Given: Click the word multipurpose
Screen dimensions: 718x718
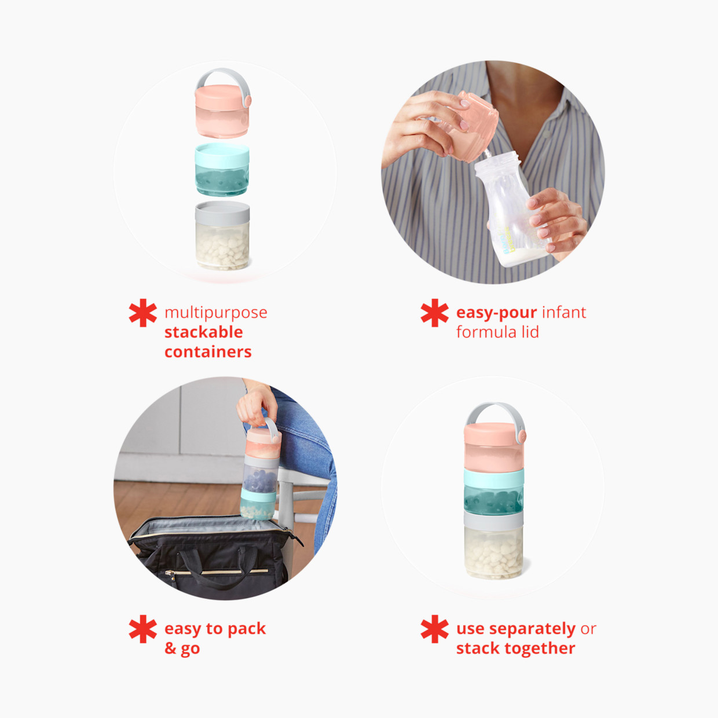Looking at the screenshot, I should pos(215,313).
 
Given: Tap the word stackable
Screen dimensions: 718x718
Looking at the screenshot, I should pos(203,332).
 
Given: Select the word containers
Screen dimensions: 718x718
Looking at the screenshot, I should pos(208,352).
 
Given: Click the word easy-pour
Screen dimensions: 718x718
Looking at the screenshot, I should pos(496,313).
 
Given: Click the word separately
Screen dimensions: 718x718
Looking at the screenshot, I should pos(532,629).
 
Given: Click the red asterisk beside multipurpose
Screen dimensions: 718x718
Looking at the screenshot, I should pos(143,313).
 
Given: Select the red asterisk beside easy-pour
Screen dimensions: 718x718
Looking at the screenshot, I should pos(435,313).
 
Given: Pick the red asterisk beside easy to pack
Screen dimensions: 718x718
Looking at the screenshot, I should pos(143,629).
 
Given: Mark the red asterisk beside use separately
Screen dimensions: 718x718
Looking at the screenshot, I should pos(435,629).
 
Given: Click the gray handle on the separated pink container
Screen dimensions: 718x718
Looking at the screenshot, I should pos(223,75).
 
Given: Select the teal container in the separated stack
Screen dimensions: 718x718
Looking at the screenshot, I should pos(222,171).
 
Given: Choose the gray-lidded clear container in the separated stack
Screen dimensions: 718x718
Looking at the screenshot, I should pos(222,236).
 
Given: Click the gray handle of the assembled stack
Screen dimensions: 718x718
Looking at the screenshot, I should pos(495,409).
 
